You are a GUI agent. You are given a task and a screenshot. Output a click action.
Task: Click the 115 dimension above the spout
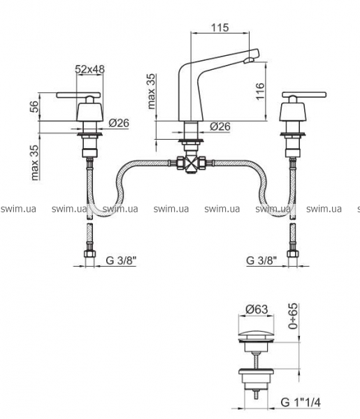click(x=220, y=27)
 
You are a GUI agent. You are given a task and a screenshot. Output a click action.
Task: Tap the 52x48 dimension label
click(x=89, y=69)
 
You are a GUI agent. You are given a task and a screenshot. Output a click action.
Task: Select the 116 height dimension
click(x=260, y=91)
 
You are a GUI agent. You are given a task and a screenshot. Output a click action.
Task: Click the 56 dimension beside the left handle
click(x=35, y=107)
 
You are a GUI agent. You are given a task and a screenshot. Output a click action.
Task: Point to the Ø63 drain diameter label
click(x=257, y=309)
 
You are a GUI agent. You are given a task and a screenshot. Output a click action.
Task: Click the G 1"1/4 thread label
click(x=301, y=402)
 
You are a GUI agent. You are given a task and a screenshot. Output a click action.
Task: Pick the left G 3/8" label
click(x=122, y=260)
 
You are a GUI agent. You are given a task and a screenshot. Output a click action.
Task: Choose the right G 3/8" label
click(x=261, y=260)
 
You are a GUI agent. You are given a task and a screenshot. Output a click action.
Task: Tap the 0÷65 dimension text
click(x=293, y=316)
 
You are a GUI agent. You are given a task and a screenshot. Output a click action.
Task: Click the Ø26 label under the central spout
click(x=220, y=126)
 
